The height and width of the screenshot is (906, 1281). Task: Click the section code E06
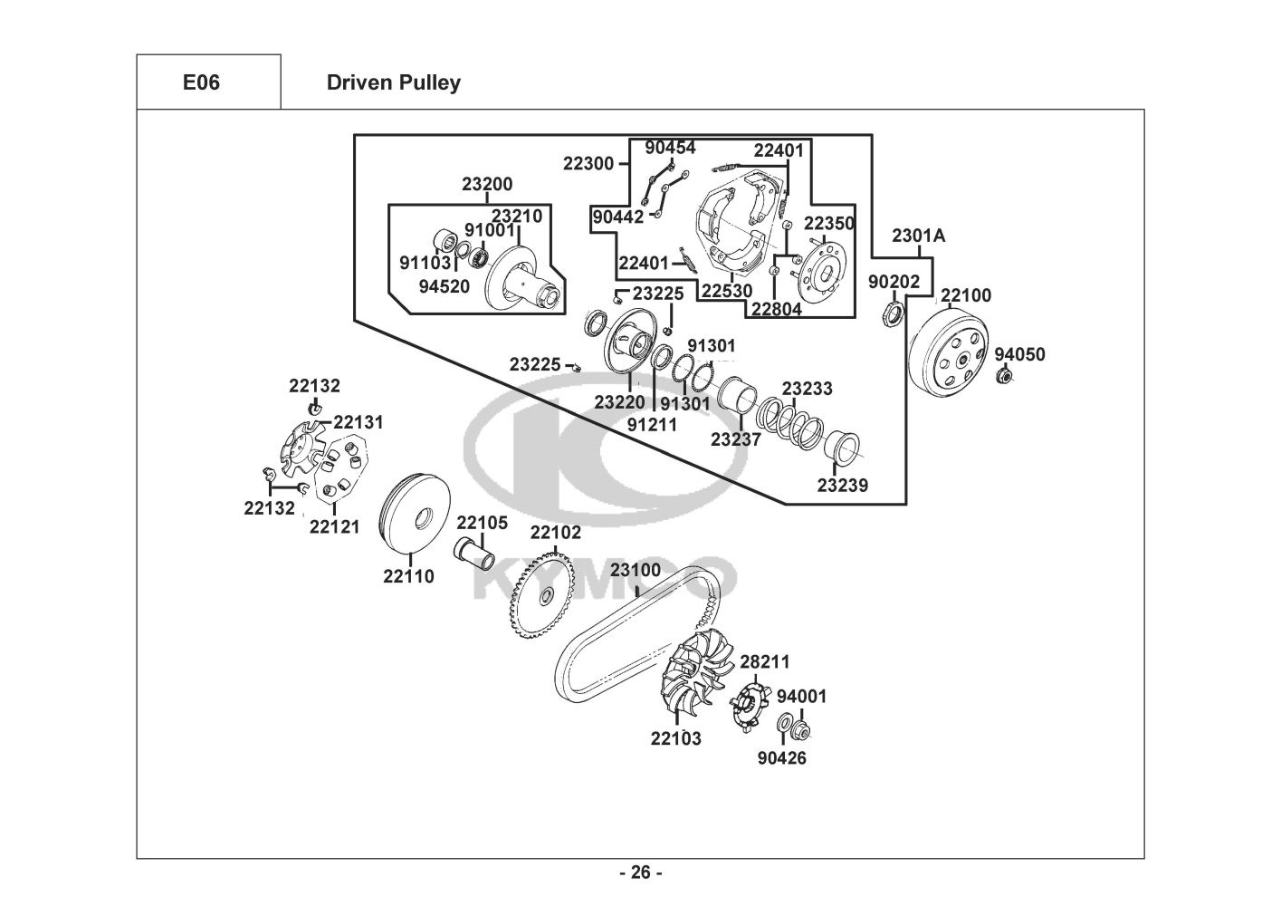point(201,82)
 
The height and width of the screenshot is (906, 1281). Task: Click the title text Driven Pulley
point(393,82)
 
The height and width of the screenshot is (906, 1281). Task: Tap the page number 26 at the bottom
point(640,872)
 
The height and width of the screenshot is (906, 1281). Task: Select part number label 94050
point(1019,354)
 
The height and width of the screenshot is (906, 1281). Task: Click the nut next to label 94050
point(1003,376)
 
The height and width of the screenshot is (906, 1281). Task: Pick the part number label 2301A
point(918,236)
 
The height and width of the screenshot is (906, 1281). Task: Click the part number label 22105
point(482,523)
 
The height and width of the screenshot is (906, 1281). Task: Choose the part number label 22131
point(358,422)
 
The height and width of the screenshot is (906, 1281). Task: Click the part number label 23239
point(842,485)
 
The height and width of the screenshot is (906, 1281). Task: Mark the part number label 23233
point(808,389)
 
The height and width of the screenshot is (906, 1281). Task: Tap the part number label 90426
point(781,757)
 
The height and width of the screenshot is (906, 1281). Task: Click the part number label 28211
point(765,662)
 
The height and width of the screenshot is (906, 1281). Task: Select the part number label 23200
point(487,184)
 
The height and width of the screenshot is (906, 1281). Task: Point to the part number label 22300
point(588,164)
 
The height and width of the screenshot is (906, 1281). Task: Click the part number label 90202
point(894,282)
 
